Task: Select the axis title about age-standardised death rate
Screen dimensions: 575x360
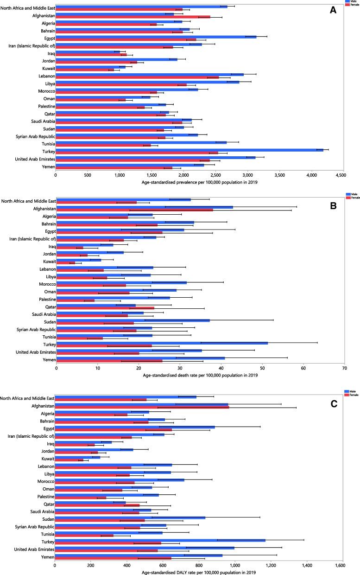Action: click(200, 375)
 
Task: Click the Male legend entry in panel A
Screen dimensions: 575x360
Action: click(353, 1)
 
